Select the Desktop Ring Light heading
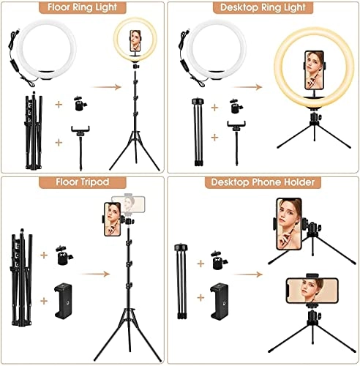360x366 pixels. point(269,10)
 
